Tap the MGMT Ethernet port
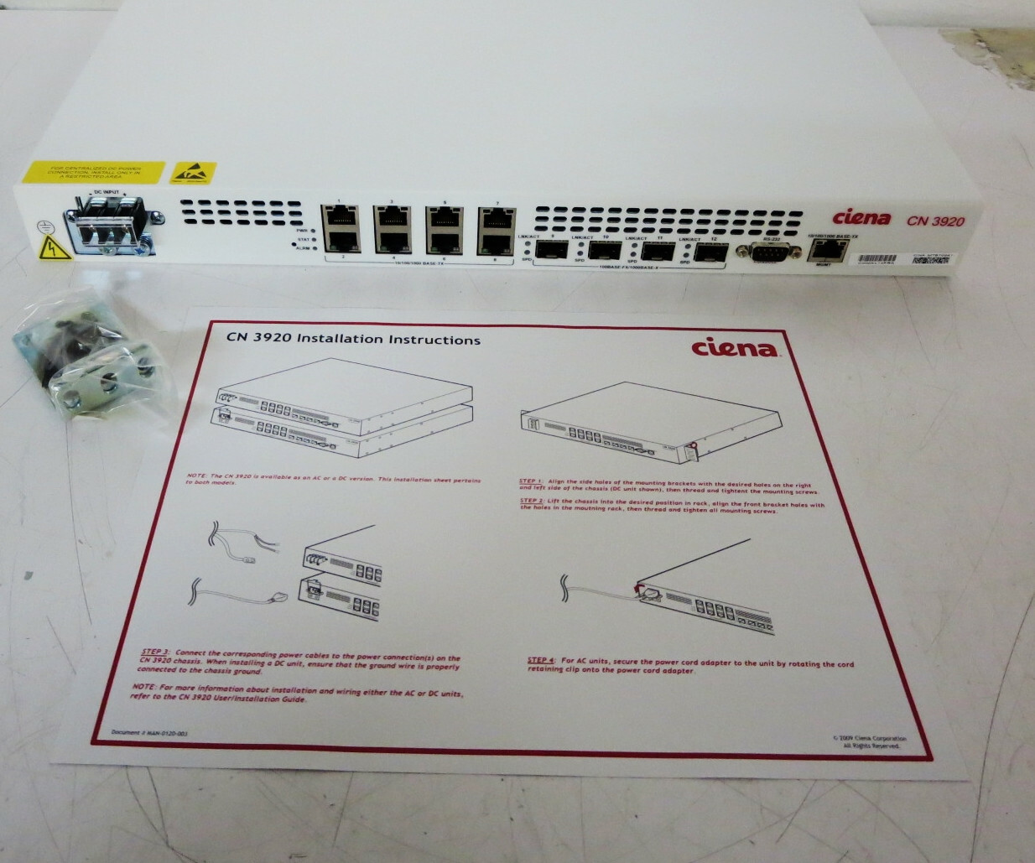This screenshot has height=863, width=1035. pos(824,251)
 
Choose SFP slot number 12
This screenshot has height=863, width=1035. pos(710,250)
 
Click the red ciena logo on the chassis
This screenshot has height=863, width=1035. pos(861,218)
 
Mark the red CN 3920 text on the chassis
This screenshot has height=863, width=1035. pos(934,221)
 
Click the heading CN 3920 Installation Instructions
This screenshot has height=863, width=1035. pos(353,340)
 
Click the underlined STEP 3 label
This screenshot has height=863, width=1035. pos(155,651)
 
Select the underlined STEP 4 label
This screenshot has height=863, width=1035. pos(541,660)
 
